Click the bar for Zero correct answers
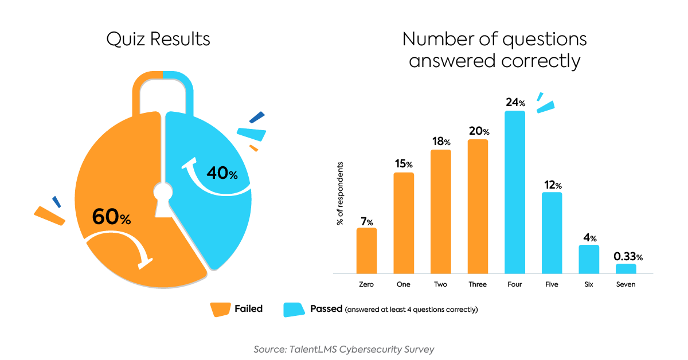366,251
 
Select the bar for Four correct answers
515,192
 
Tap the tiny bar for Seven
626,268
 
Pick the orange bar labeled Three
478,206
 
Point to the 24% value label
515,103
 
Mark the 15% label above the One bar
404,164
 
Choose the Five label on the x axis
552,284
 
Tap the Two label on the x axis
441,284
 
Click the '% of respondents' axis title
340,194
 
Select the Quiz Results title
158,39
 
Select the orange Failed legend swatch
219,309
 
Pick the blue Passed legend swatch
293,309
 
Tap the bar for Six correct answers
589,259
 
